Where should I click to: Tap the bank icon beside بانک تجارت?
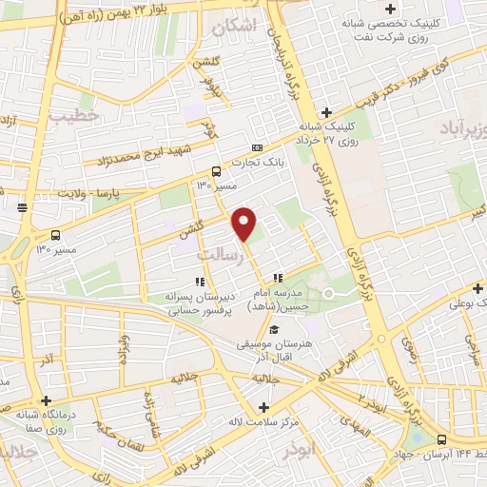pyautogui.click(x=258, y=147)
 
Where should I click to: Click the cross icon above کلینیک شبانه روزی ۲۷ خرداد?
pyautogui.click(x=327, y=112)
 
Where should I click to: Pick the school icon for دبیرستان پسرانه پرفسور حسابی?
pyautogui.click(x=200, y=281)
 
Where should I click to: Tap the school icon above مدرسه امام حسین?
pyautogui.click(x=277, y=278)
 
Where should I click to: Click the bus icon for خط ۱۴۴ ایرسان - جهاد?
pyautogui.click(x=441, y=439)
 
